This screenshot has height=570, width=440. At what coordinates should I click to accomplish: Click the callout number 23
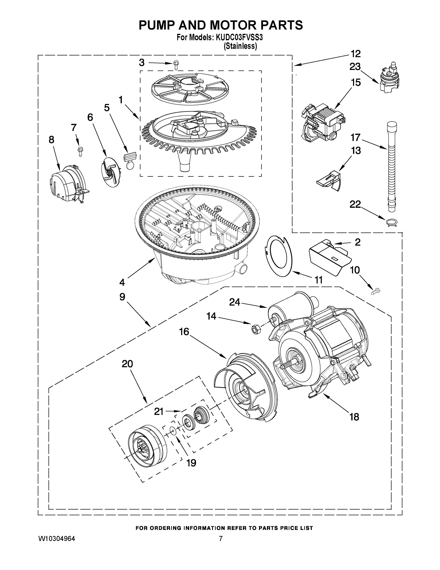(355, 67)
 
